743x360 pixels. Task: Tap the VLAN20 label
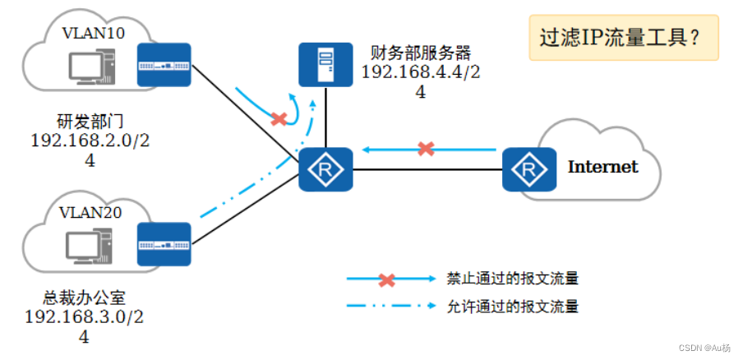point(91,212)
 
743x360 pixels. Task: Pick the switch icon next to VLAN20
point(164,245)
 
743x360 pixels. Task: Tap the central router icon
point(325,170)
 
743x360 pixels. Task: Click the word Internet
point(602,167)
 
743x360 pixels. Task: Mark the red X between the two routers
point(426,149)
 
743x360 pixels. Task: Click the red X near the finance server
point(279,119)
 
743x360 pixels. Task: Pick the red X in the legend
point(386,279)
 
